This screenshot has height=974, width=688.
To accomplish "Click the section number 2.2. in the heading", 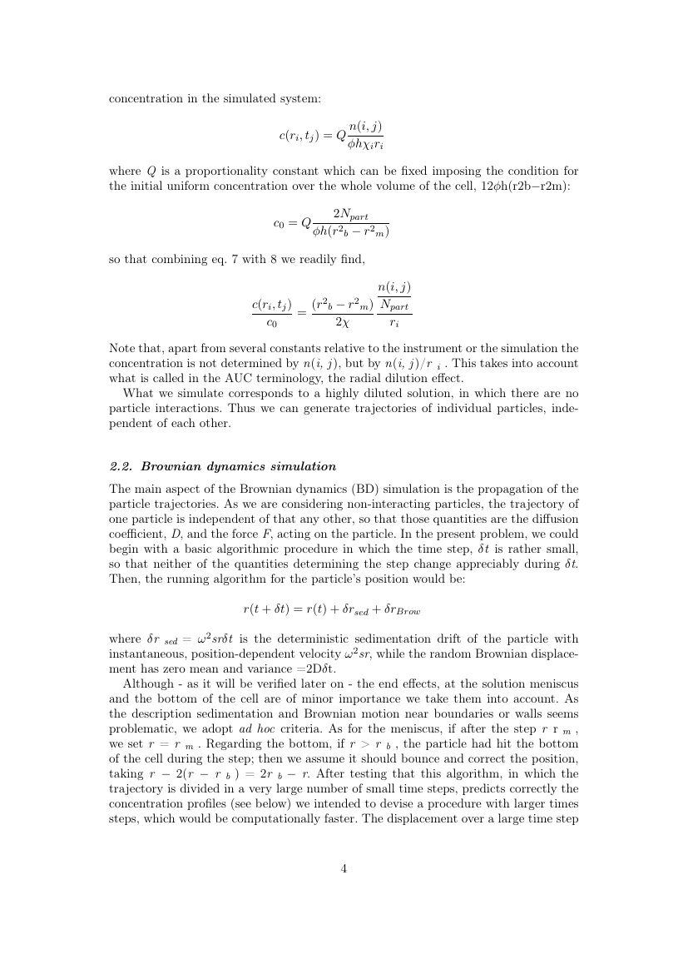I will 122,465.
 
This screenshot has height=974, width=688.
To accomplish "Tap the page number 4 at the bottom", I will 344,868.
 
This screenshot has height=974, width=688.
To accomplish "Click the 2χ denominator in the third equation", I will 342,321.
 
